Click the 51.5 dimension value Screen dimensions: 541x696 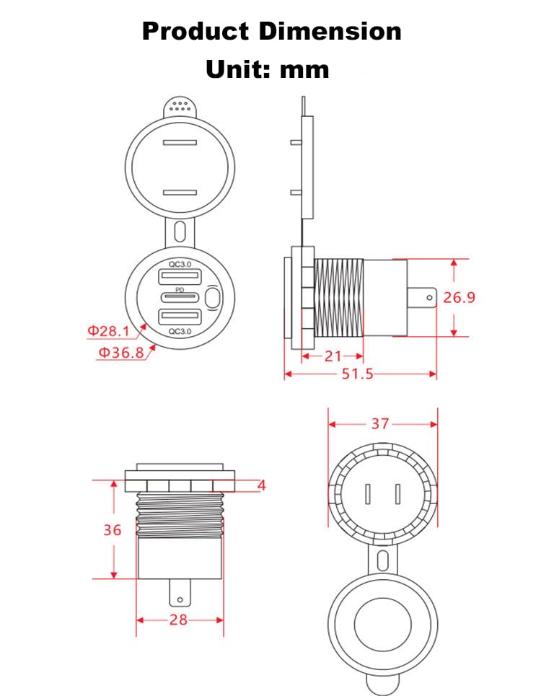coord(357,374)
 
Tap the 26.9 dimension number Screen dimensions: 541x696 coord(459,297)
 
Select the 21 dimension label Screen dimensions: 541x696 coord(333,356)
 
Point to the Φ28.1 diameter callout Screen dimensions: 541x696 coord(108,330)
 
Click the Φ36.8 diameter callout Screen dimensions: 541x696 coord(121,353)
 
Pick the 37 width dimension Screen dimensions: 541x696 coord(380,424)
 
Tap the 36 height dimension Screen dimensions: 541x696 coord(113,529)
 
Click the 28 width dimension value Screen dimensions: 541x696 coord(178,620)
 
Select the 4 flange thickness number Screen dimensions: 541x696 coord(261,485)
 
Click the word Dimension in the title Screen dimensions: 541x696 coord(330,32)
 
